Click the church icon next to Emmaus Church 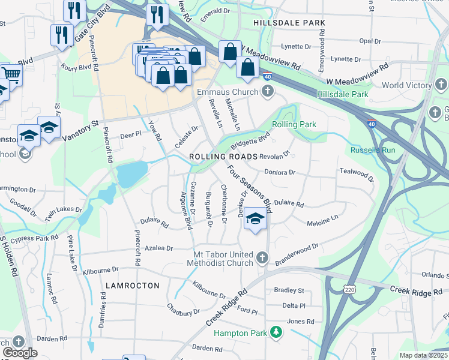point(267,92)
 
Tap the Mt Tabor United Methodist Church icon point(262,258)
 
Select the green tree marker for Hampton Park point(276,332)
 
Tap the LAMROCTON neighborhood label point(133,286)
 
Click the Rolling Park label point(294,124)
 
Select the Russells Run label point(375,149)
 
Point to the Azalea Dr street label point(158,248)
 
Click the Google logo point(20,353)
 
